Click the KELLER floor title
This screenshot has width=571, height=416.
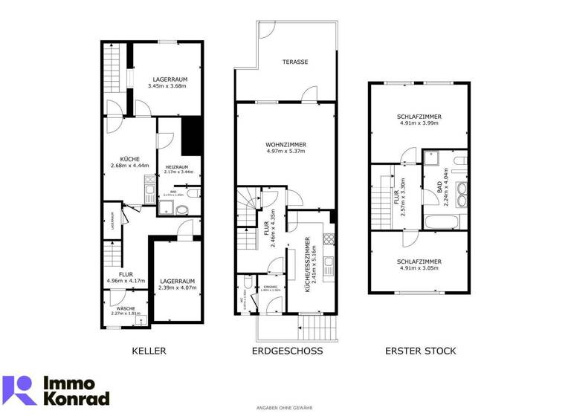coord(149,351)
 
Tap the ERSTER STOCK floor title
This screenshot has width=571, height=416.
coord(420,351)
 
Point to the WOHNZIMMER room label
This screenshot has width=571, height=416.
coord(285,145)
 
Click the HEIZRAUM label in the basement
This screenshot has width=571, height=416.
coord(175,166)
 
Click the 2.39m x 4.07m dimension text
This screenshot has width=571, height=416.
coord(177,288)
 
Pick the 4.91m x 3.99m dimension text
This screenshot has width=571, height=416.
coord(420,123)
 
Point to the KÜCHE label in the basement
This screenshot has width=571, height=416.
coord(129,159)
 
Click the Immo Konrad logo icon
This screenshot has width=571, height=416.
coord(19,390)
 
